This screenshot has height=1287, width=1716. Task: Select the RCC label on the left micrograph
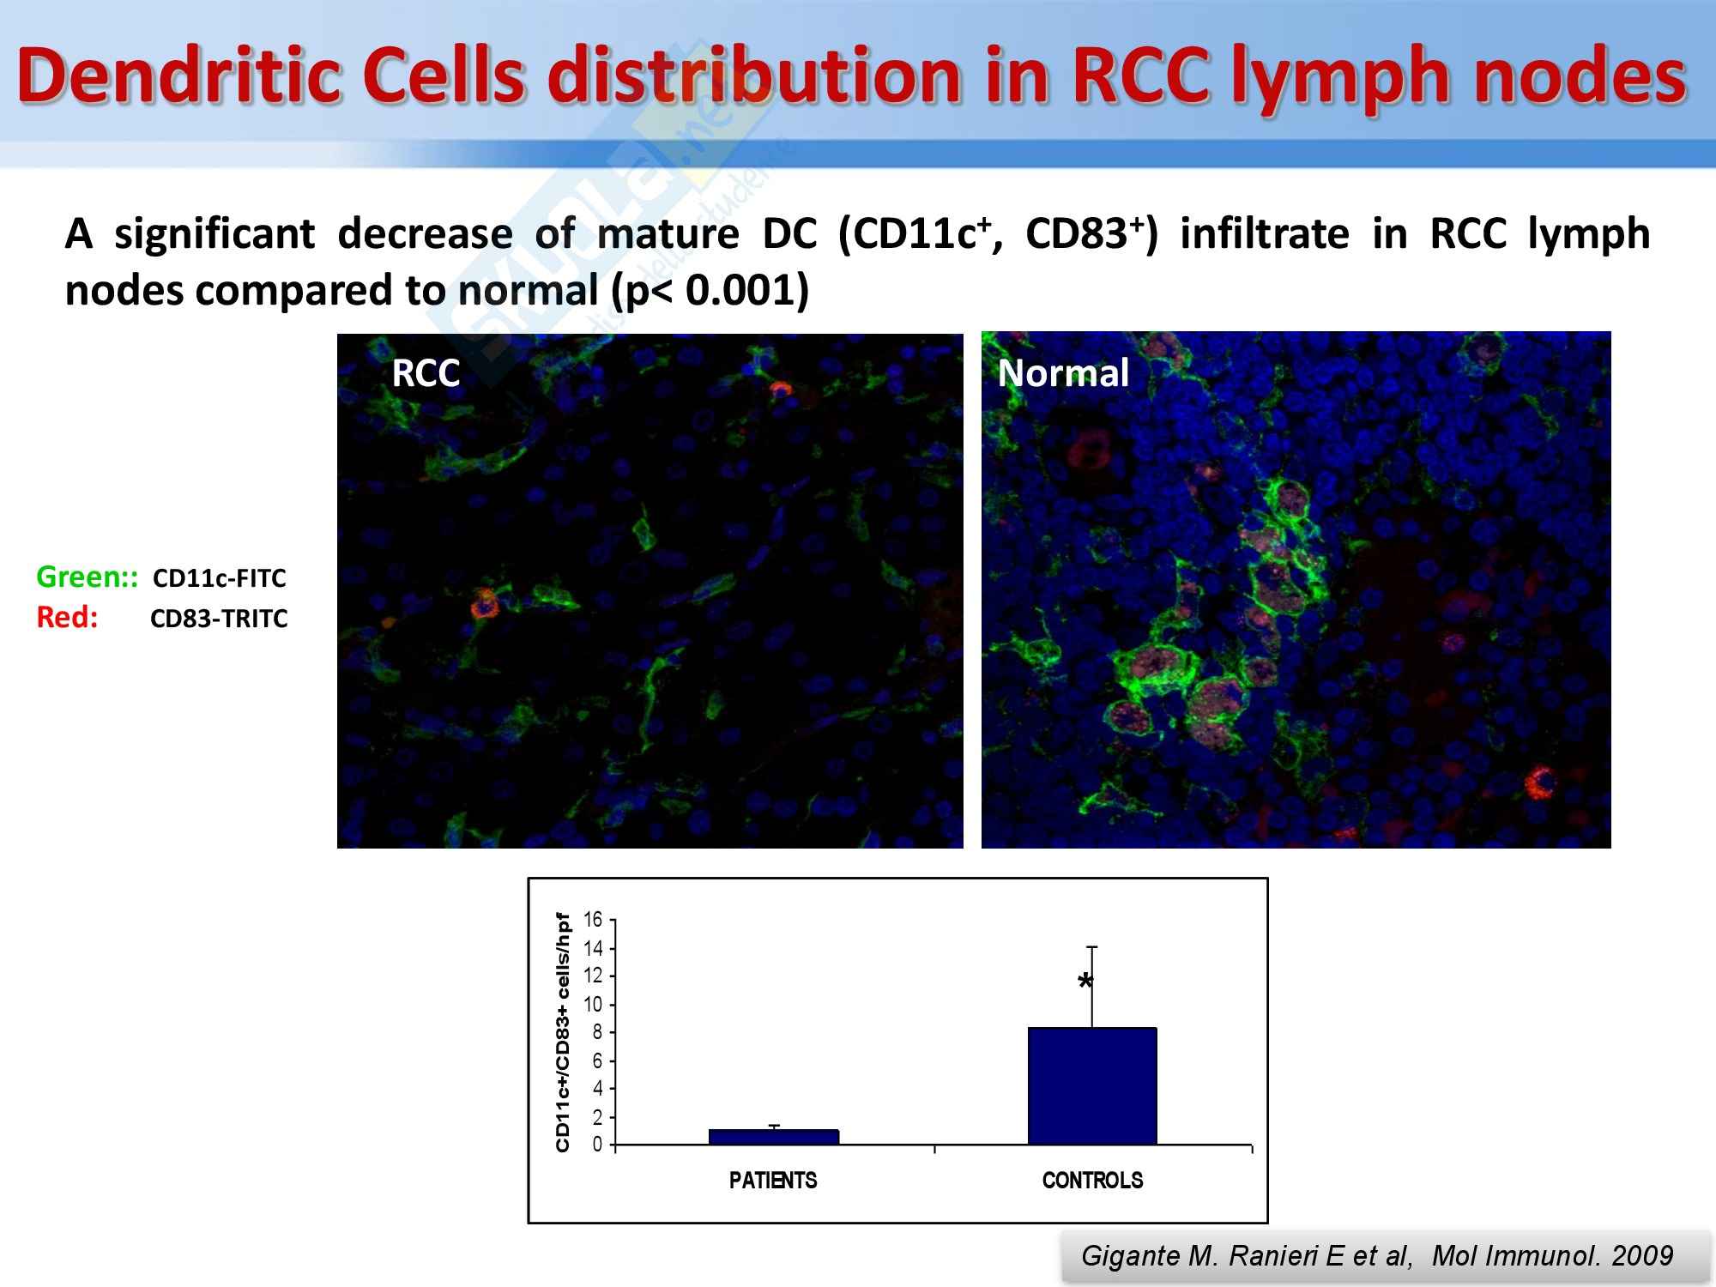(426, 373)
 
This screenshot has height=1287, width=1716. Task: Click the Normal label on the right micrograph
(1063, 373)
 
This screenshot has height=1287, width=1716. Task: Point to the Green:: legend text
(87, 577)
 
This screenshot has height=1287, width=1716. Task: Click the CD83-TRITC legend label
(219, 619)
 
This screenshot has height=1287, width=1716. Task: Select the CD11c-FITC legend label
(219, 578)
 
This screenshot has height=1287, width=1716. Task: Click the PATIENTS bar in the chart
(773, 1137)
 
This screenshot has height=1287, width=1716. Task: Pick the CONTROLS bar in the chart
(1092, 1086)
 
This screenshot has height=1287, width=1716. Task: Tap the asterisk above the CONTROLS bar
(1085, 982)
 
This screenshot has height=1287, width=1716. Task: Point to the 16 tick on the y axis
(593, 920)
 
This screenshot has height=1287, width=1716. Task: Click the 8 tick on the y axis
(597, 1032)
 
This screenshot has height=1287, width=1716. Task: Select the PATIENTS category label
(773, 1181)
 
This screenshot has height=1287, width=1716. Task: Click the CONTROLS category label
(1092, 1181)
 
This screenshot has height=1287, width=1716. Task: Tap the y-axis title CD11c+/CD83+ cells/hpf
(563, 1032)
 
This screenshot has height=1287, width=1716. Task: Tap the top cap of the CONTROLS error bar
(1092, 946)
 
